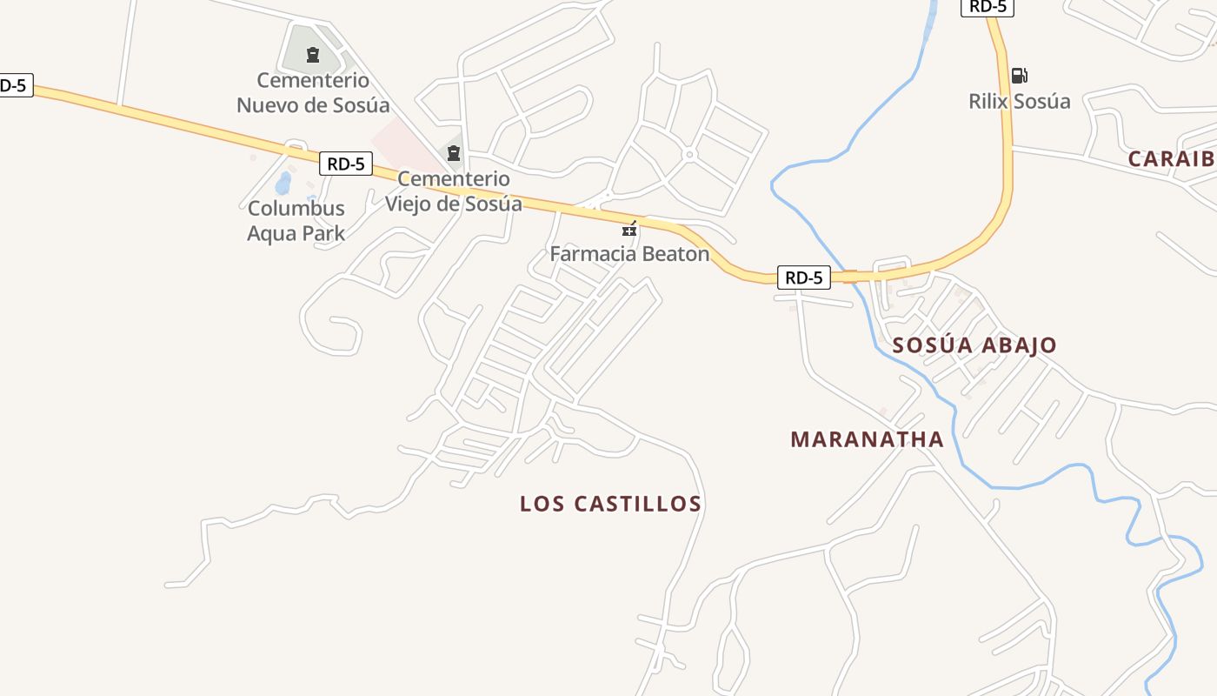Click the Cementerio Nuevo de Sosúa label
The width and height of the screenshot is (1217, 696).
pyautogui.click(x=313, y=93)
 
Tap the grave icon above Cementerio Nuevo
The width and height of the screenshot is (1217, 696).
pyautogui.click(x=313, y=56)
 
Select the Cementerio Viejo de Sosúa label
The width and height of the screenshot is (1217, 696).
pyautogui.click(x=454, y=191)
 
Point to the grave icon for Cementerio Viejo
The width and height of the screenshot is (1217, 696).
pyautogui.click(x=453, y=154)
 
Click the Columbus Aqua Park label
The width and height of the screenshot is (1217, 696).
pyautogui.click(x=296, y=221)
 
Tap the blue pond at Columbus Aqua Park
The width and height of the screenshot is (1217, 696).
pyautogui.click(x=283, y=183)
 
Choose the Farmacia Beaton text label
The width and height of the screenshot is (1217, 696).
pyautogui.click(x=629, y=254)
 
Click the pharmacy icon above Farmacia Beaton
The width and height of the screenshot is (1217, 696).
pyautogui.click(x=629, y=230)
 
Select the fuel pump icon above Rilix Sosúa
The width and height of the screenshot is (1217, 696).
pyautogui.click(x=1019, y=76)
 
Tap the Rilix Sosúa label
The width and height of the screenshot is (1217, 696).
pyautogui.click(x=1020, y=101)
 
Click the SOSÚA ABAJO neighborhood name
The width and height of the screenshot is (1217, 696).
pyautogui.click(x=974, y=345)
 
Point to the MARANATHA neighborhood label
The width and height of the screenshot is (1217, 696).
pyautogui.click(x=867, y=439)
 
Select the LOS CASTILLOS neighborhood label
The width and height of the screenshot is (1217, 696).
pyautogui.click(x=610, y=504)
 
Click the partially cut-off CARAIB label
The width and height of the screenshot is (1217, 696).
pyautogui.click(x=1171, y=159)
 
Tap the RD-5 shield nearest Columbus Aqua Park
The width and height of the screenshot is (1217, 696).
pyautogui.click(x=346, y=163)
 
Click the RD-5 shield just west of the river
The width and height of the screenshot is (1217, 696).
pyautogui.click(x=803, y=278)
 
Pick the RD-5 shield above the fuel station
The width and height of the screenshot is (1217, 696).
pyautogui.click(x=987, y=7)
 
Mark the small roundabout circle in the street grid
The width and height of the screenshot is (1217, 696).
pyautogui.click(x=689, y=155)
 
